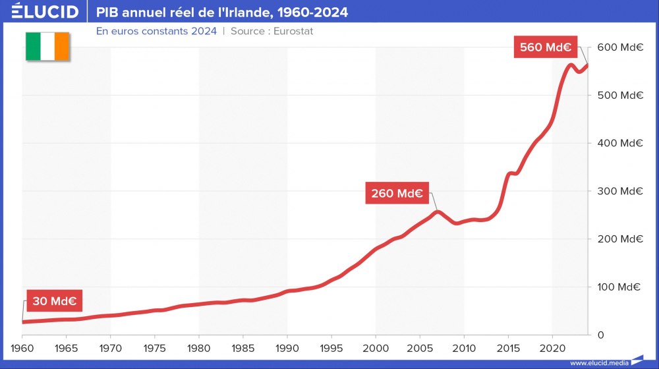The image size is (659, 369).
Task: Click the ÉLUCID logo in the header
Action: pos(45,12)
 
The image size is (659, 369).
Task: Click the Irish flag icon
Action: pos(47,46)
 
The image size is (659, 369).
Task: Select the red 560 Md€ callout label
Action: pos(545,47)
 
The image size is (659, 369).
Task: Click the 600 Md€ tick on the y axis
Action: pos(620,47)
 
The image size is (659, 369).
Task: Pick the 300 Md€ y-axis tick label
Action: pos(620,191)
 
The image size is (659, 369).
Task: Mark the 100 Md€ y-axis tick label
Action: pos(620,287)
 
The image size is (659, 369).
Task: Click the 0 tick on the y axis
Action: pos(600,335)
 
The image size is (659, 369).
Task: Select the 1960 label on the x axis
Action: pos(22,348)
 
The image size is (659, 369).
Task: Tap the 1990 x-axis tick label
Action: pos(287,348)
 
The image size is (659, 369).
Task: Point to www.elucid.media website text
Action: pos(598,362)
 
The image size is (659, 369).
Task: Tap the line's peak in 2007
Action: pos(437,212)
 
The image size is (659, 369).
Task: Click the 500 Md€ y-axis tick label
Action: pos(620,96)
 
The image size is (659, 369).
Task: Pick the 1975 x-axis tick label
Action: pos(155,348)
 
